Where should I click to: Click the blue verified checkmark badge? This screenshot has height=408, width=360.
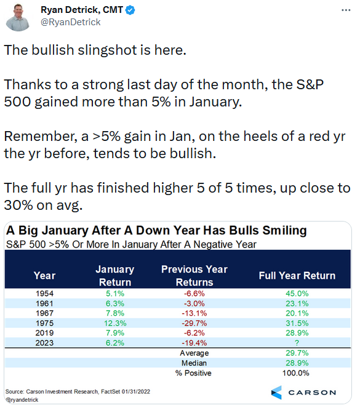pos(130,10)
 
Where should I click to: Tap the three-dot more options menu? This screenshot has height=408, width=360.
pos(346,10)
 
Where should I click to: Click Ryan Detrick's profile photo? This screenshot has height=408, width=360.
pos(18,18)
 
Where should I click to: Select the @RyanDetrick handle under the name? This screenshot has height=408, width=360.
pos(71,22)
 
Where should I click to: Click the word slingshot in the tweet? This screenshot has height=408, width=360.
pos(107,50)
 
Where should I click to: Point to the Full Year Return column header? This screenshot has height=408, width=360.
pos(297,276)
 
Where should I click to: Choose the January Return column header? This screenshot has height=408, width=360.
pos(115,276)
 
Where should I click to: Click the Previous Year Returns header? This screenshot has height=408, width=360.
pos(194,276)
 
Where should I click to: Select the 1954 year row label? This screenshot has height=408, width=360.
pos(44,294)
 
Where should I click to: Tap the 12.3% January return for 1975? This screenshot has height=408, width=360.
pos(115,323)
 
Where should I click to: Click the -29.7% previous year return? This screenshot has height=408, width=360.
pos(194,323)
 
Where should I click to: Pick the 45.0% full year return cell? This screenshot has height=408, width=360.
pos(297,294)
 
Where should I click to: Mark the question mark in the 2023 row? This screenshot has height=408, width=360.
pos(297,343)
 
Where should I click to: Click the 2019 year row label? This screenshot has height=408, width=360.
pos(44,333)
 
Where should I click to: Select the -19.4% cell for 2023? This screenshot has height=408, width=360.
pos(194,343)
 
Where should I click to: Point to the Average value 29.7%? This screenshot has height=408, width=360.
pos(297,353)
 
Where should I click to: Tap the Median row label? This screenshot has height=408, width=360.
pos(194,363)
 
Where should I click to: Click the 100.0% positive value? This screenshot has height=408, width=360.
pos(296,373)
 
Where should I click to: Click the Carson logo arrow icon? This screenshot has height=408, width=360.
pos(276,393)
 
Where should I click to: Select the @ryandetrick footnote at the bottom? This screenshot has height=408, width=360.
pos(22,400)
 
